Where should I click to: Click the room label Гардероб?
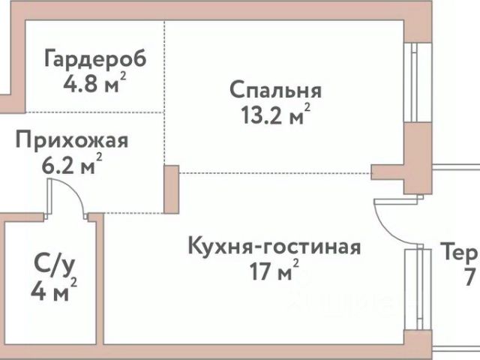[x=94, y=58]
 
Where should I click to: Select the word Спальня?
[x=275, y=91]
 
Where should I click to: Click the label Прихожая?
[x=72, y=140]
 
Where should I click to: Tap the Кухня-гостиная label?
[x=274, y=247]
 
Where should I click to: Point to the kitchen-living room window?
[x=411, y=289]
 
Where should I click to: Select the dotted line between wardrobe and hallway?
[x=94, y=112]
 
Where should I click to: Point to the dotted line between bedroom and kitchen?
[x=274, y=172]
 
